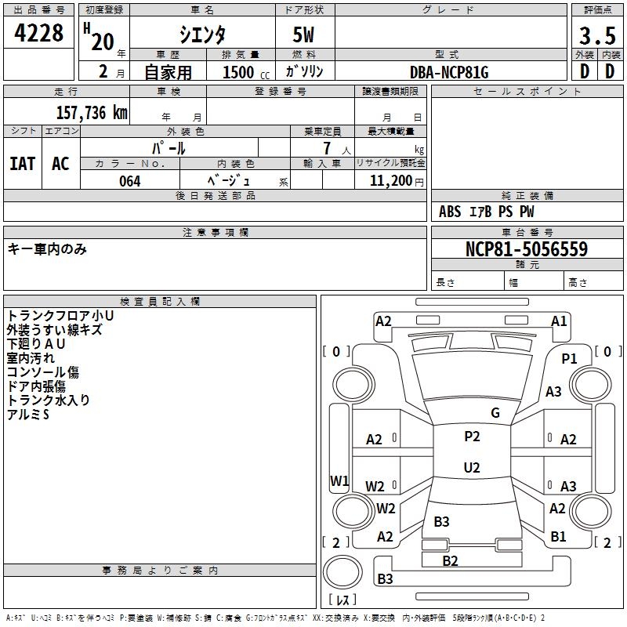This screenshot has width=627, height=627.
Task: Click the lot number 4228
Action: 39,34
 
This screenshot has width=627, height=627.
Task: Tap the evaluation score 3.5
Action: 596,35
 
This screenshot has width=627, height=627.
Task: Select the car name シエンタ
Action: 203,34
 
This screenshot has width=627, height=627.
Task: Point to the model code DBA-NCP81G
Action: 449,72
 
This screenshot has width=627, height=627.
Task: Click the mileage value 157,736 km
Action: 91,113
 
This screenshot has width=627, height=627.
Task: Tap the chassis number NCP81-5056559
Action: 527,249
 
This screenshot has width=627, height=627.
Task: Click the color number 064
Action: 129,181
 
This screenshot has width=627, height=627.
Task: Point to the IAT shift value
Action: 22,164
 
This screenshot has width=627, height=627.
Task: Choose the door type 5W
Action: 305,35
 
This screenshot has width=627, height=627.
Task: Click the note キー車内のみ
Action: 47,249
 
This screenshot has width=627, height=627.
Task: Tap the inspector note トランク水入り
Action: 49,400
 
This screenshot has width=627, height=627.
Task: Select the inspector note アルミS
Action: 28,414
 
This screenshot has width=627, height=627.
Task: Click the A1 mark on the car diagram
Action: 559,321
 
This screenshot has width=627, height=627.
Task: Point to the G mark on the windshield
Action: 495,413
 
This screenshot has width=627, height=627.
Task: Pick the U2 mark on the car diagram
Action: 471,468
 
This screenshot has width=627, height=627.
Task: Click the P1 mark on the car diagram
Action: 569,358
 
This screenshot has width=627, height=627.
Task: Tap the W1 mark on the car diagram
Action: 339,480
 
